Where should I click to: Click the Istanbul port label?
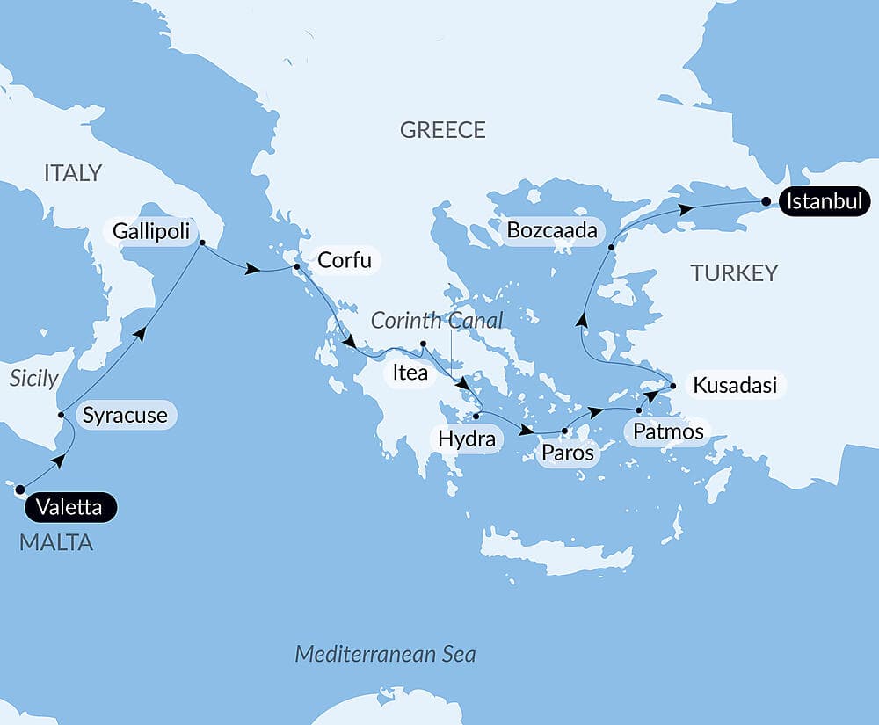coord(824,202)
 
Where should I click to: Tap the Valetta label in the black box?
coord(71,507)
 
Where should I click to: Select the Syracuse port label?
coord(124,415)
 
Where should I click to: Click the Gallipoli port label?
coord(149,232)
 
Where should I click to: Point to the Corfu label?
coord(345,260)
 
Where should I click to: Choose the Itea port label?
coord(410,373)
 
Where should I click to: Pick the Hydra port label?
coord(466,439)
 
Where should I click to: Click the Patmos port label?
coord(664,431)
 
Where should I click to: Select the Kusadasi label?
coord(735,385)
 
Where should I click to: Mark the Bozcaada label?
coord(553,232)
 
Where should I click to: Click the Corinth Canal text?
coord(437,320)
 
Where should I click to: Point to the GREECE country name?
coord(442,130)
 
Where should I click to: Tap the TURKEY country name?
coord(734,272)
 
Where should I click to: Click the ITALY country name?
coord(73,173)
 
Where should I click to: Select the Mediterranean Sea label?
coord(385,654)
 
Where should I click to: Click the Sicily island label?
coord(33,379)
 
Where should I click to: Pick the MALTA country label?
coord(56,543)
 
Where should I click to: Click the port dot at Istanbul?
coord(767,202)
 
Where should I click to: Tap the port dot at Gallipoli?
coord(201,243)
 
